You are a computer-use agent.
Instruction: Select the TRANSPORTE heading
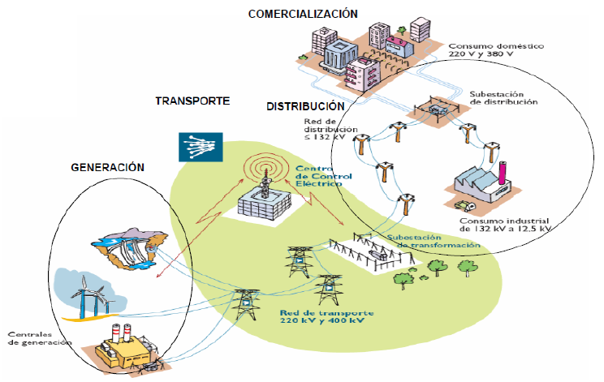click(x=192, y=101)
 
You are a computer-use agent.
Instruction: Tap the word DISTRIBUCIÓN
click(x=305, y=106)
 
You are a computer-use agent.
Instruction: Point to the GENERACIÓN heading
click(x=107, y=167)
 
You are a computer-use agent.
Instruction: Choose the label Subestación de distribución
click(x=503, y=98)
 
